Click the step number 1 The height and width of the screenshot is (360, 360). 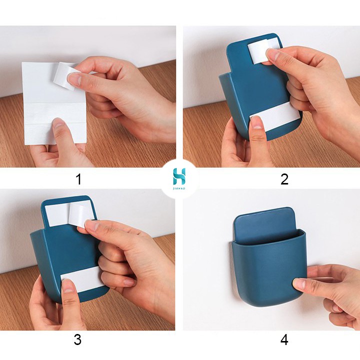[x=79, y=179]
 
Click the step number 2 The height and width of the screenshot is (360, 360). [x=284, y=179]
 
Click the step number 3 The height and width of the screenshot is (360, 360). [x=77, y=339]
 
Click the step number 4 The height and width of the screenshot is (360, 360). [x=284, y=339]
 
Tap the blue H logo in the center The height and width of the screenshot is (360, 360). [x=179, y=176]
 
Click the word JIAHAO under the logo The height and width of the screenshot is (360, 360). [x=179, y=188]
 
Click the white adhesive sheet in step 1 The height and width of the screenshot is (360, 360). [x=54, y=103]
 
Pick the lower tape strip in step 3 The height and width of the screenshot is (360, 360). [x=81, y=278]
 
